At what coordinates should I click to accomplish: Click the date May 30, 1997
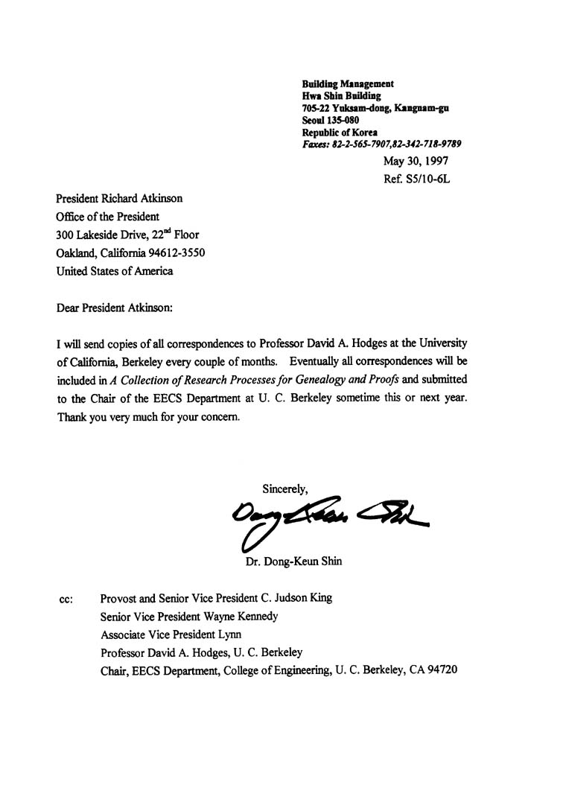tap(416, 161)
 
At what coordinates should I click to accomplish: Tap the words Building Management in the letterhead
tap(348, 84)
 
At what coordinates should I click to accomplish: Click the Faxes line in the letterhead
tap(381, 144)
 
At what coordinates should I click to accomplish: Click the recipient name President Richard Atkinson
tap(119, 199)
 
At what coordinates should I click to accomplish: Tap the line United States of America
tap(115, 271)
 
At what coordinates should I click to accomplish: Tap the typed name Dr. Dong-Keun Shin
tap(293, 562)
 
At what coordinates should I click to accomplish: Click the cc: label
tap(66, 599)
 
